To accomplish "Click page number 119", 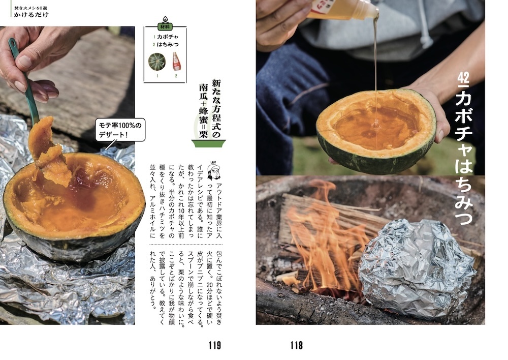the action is tap(214, 345).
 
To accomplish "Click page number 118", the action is tap(297, 345).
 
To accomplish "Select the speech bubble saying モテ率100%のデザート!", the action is tap(120, 130).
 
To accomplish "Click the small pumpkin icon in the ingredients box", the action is tap(157, 62).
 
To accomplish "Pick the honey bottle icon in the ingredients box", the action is tap(176, 61).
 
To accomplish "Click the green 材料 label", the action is tap(165, 26).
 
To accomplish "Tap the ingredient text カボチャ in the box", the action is tap(168, 37).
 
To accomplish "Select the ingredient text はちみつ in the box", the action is tap(168, 44).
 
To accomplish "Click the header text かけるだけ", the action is tap(31, 15).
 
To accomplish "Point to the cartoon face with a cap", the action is tap(214, 172).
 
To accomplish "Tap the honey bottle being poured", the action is tap(343, 9).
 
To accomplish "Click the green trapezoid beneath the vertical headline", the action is tap(208, 143).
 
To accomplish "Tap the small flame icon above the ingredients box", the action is tap(165, 19).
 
